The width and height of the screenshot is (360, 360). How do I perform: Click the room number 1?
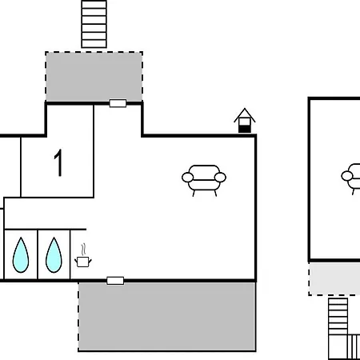click(58, 162)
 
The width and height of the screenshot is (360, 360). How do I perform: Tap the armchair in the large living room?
click(204, 180)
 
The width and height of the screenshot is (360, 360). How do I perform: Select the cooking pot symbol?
click(83, 262)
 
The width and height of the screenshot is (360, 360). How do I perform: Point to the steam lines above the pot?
click(84, 249)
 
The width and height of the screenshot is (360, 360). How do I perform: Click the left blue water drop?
click(21, 255)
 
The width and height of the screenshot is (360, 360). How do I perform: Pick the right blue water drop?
click(54, 255)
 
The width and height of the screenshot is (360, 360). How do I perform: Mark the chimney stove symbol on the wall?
click(245, 120)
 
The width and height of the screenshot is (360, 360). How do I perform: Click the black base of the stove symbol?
click(245, 129)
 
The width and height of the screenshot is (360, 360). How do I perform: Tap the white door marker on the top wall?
click(118, 103)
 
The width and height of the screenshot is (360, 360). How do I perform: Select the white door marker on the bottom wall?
click(115, 281)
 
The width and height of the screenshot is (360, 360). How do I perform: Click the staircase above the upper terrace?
click(94, 24)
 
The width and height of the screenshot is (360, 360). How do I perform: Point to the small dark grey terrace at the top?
click(94, 77)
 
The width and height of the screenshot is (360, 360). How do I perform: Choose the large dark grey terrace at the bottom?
click(167, 317)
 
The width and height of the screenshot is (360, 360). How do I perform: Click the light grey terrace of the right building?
click(334, 278)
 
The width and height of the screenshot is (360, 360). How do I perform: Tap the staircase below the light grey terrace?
click(338, 329)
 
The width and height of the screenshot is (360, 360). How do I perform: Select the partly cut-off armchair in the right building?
click(350, 178)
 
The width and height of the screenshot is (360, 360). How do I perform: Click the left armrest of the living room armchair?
click(188, 178)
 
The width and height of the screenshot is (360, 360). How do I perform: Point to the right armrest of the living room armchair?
click(220, 178)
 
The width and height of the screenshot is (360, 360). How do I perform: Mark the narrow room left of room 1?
click(10, 167)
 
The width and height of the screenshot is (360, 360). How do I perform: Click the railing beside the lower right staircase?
click(354, 346)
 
